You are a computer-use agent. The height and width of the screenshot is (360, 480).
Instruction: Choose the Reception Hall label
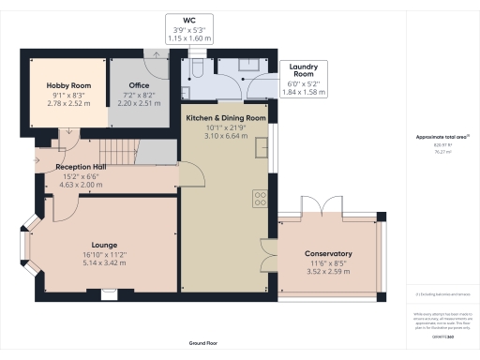[80, 168]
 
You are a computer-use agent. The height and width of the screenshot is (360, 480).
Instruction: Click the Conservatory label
[327, 254]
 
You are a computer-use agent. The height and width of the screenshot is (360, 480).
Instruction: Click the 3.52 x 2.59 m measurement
[327, 273]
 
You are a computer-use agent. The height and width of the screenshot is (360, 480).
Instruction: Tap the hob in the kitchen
[260, 199]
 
